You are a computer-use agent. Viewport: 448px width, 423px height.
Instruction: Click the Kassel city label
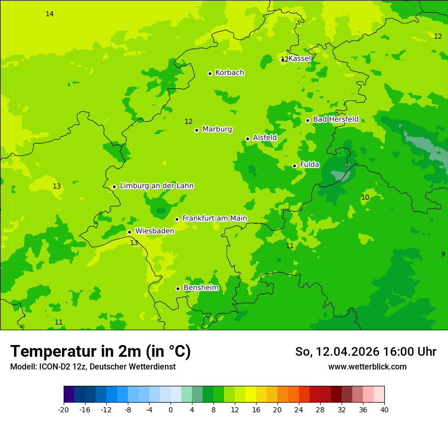[299, 59]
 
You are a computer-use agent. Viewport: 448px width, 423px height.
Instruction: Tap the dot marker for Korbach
[210, 73]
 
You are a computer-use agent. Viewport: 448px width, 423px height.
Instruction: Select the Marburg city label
[217, 129]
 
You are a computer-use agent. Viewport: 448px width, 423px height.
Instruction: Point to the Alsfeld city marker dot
[247, 139]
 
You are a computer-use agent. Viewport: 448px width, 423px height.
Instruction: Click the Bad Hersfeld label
[335, 119]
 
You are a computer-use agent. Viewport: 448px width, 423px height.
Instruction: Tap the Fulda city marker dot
[294, 166]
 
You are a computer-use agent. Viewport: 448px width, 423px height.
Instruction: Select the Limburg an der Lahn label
[156, 186]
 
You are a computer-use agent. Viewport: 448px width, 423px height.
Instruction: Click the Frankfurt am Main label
[214, 219]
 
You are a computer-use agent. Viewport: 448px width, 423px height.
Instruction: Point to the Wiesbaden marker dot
[129, 232]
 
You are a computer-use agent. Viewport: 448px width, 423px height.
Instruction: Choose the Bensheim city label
[201, 288]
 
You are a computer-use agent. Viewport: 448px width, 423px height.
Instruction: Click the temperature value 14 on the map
[49, 14]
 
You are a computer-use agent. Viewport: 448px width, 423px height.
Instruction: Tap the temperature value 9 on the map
[442, 254]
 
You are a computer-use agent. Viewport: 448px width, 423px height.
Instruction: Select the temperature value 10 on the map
[365, 198]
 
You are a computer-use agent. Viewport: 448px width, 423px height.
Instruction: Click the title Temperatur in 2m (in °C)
[100, 352]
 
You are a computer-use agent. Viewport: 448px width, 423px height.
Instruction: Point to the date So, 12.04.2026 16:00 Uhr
[366, 352]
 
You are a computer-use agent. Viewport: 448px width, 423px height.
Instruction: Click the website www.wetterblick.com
[367, 367]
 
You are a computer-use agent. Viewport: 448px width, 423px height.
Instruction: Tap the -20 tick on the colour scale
[64, 409]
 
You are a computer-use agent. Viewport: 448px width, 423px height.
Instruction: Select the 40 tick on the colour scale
[384, 409]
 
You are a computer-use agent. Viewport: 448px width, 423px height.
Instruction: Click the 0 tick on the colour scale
[171, 409]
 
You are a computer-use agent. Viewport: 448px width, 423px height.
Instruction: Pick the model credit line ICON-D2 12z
[93, 367]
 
